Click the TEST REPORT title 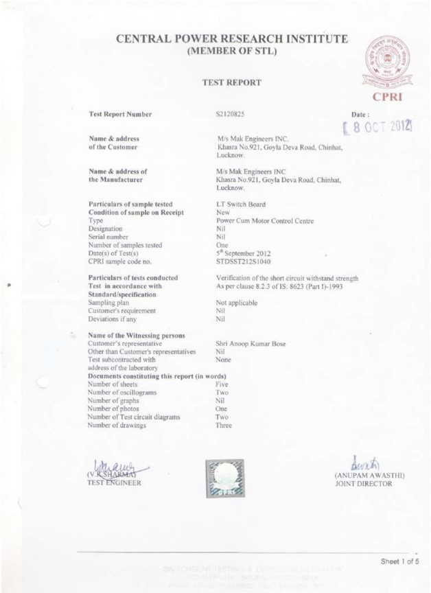tap(231, 82)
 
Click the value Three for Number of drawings tap(224, 426)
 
